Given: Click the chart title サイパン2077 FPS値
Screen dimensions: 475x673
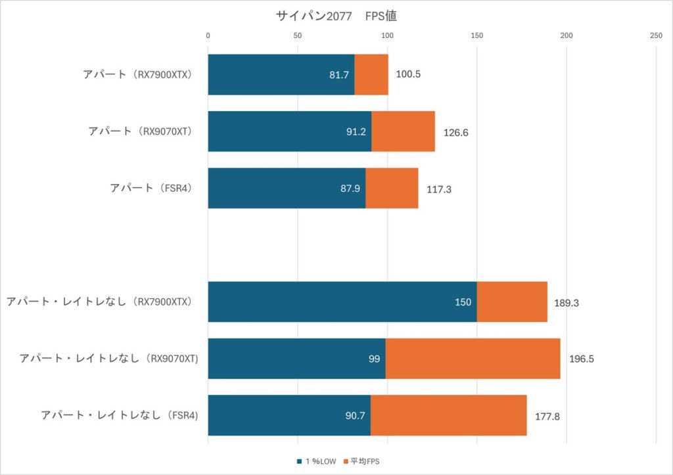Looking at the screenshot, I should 336,16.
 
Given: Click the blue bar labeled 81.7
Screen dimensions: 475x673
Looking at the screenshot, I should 281,74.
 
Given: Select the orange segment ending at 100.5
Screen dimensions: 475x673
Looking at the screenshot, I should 371,74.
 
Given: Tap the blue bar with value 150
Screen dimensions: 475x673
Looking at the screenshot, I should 342,302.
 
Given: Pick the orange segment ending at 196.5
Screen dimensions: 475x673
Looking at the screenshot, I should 473,359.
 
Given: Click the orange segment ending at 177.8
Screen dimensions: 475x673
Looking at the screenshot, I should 448,415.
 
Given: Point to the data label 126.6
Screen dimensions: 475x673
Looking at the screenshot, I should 455,132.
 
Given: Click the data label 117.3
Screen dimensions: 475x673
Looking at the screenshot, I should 438,189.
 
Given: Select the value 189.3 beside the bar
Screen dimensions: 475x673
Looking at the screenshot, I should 566,302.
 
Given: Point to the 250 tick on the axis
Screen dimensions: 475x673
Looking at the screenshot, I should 655,35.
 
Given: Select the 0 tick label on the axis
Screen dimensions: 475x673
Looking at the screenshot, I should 208,35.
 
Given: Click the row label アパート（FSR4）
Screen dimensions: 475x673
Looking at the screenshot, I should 154,188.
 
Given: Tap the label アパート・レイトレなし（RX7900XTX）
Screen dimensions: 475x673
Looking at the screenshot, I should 103,302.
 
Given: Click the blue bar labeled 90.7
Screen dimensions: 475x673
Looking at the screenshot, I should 289,415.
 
